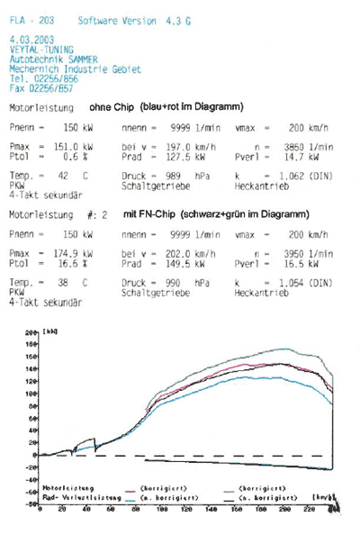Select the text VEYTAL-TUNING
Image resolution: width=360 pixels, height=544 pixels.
tap(37, 50)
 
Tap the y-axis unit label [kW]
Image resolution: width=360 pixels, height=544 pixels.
tap(51, 332)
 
